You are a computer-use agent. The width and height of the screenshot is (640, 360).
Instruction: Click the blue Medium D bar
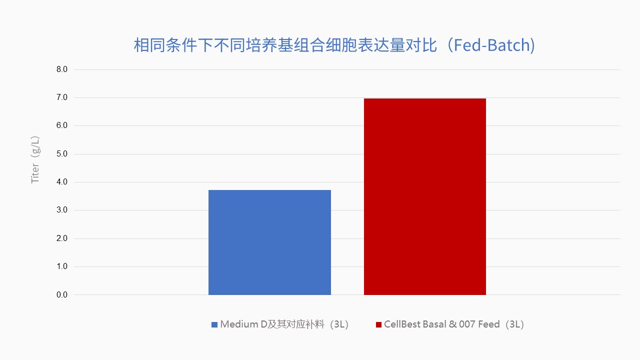pyautogui.click(x=269, y=242)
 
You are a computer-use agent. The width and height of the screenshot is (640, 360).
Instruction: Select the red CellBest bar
pyautogui.click(x=425, y=196)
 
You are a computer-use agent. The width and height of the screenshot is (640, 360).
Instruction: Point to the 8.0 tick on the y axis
pyautogui.click(x=62, y=69)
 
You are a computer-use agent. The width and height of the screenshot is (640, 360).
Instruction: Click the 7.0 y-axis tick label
pyautogui.click(x=62, y=97)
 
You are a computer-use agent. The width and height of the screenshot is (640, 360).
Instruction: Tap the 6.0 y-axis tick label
pyautogui.click(x=62, y=125)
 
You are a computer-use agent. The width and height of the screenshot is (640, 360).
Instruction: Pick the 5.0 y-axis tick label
pyautogui.click(x=62, y=154)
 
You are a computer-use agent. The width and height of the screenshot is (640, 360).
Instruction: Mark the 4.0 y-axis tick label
pyautogui.click(x=62, y=182)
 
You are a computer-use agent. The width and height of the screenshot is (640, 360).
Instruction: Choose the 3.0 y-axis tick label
pyautogui.click(x=62, y=210)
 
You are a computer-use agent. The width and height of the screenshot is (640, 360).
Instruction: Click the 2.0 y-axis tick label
pyautogui.click(x=62, y=238)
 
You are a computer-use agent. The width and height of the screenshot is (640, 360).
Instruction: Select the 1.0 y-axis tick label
pyautogui.click(x=62, y=266)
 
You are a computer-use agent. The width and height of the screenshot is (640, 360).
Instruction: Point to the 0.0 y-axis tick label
pyautogui.click(x=62, y=295)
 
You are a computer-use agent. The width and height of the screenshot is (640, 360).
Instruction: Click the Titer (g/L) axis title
pyautogui.click(x=35, y=159)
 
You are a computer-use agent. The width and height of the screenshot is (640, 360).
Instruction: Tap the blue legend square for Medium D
pyautogui.click(x=214, y=325)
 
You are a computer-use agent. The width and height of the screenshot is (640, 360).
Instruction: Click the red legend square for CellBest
pyautogui.click(x=378, y=325)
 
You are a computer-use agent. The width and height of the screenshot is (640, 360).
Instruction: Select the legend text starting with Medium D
pyautogui.click(x=284, y=324)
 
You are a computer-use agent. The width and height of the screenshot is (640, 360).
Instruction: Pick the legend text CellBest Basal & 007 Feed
pyautogui.click(x=442, y=324)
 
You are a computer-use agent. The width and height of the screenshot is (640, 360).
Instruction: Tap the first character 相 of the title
pyautogui.click(x=141, y=45)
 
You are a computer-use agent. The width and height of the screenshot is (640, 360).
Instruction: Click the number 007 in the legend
pyautogui.click(x=467, y=324)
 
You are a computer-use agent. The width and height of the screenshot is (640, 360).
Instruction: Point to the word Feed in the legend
pyautogui.click(x=489, y=324)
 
